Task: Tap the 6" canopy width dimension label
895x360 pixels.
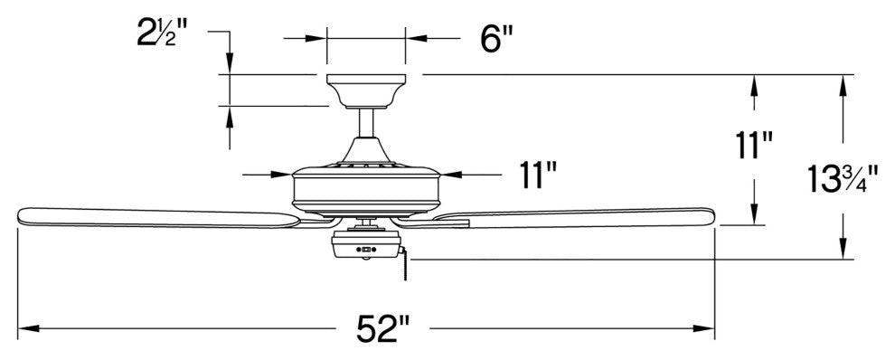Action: [x=496, y=40]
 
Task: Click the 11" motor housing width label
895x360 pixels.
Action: [x=538, y=175]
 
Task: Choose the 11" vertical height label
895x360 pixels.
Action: [x=754, y=146]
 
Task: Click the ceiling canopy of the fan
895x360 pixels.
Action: [x=366, y=90]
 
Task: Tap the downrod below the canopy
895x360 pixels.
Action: [x=366, y=123]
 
